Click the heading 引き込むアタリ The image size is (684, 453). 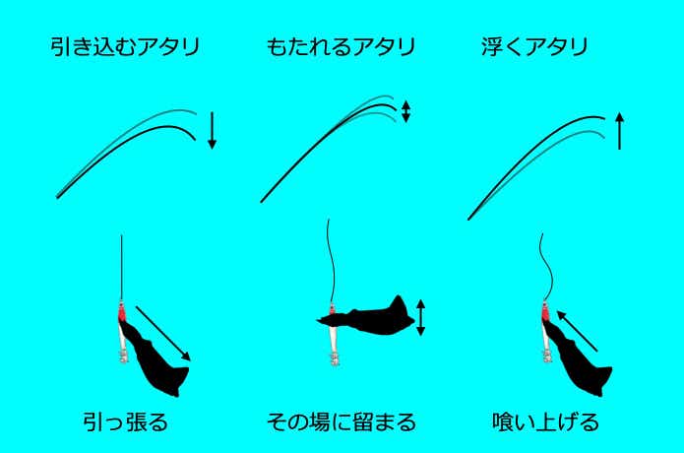pyautogui.click(x=125, y=47)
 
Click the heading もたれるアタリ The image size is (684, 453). pyautogui.click(x=341, y=47)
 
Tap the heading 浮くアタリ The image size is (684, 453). pyautogui.click(x=535, y=47)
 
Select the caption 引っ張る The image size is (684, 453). pyautogui.click(x=126, y=422)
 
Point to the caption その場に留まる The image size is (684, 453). pyautogui.click(x=342, y=422)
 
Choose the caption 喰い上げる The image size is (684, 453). pyautogui.click(x=545, y=422)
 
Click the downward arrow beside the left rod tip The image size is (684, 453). pyautogui.click(x=212, y=131)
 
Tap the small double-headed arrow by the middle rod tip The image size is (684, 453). pyautogui.click(x=405, y=111)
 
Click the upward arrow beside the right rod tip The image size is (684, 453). pyautogui.click(x=619, y=131)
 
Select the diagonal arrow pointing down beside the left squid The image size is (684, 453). pyautogui.click(x=163, y=334)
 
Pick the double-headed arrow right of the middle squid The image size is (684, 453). pyautogui.click(x=420, y=318)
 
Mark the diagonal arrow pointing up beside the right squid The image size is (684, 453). pyautogui.click(x=577, y=331)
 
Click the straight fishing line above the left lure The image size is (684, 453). pyautogui.click(x=122, y=267)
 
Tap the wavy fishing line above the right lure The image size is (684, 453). pyautogui.click(x=546, y=267)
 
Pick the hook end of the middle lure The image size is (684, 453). pyautogui.click(x=335, y=358)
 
